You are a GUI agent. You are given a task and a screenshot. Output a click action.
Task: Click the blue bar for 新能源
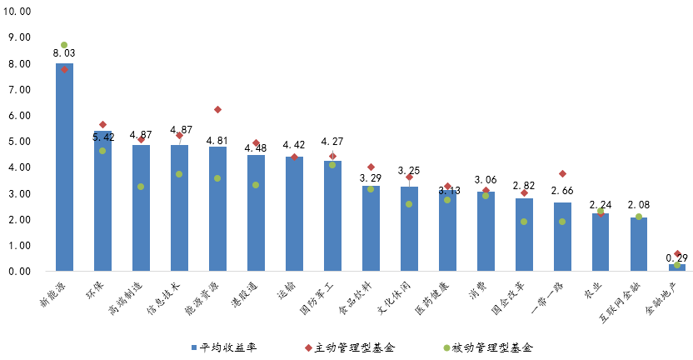point(64,167)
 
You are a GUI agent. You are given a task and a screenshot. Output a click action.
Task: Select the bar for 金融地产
point(677,267)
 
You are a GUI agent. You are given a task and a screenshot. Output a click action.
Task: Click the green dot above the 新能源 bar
point(64,45)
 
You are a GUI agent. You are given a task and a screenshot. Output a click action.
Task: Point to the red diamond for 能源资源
point(217,109)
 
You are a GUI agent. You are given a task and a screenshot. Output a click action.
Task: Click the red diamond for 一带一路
point(562,173)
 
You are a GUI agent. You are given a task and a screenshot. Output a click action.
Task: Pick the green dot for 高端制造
point(141,187)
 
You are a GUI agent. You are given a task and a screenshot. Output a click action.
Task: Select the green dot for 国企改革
point(524,222)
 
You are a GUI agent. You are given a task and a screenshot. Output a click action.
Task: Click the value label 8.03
point(64,54)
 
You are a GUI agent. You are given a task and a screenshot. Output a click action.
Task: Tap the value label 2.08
point(639,205)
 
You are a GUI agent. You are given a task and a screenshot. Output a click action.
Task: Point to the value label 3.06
point(486,180)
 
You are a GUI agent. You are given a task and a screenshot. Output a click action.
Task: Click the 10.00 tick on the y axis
point(19,11)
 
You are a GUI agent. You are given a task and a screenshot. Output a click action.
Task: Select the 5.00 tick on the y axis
point(19,142)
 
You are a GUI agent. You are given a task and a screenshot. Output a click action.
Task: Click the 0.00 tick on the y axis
point(19,272)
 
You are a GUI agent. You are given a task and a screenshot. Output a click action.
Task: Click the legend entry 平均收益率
point(228,347)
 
